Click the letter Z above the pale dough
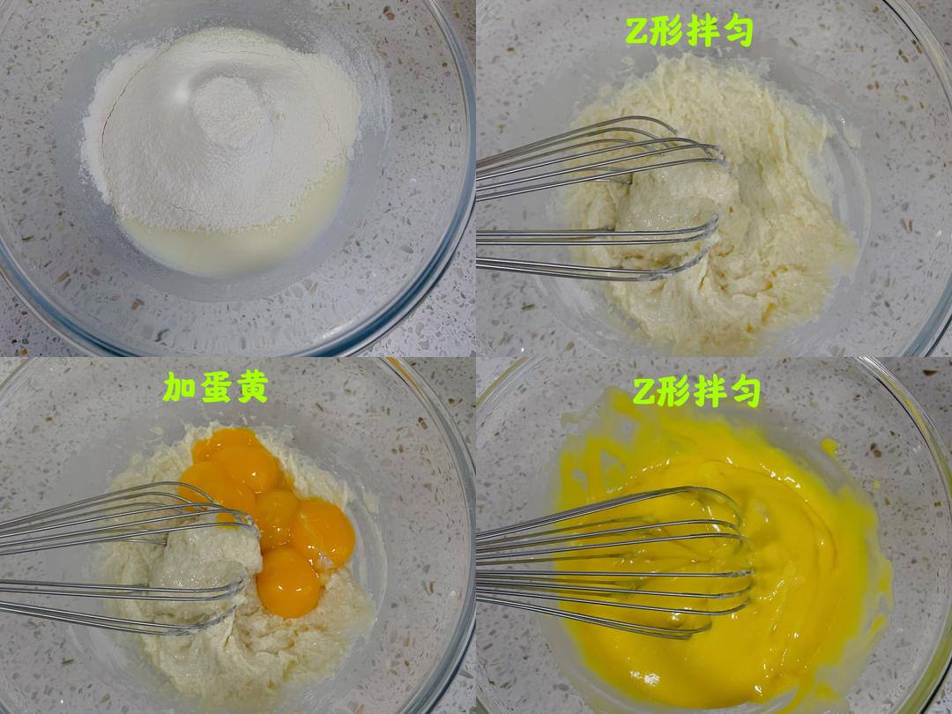pyautogui.click(x=636, y=32)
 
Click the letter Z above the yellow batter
pyautogui.click(x=644, y=393)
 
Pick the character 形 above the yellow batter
pyautogui.click(x=673, y=392)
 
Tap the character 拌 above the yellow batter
pyautogui.click(x=710, y=392)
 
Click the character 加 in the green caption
pyautogui.click(x=179, y=388)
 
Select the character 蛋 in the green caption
pyautogui.click(x=216, y=387)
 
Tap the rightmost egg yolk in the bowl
pyautogui.click(x=323, y=532)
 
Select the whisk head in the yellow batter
pyautogui.click(x=614, y=562)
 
